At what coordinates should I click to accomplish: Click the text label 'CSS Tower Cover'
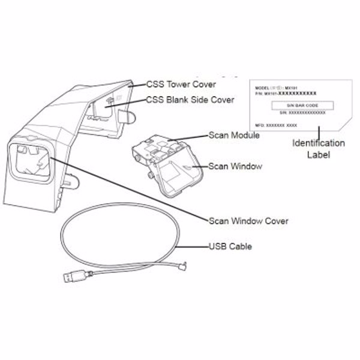[x=182, y=84]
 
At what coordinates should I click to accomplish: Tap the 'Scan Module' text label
[x=234, y=136]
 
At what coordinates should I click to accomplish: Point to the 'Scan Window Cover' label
[x=248, y=221]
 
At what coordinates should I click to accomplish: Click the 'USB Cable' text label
[x=230, y=246]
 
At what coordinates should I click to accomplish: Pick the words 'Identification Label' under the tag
[x=318, y=149]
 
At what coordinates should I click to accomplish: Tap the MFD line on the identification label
[x=274, y=124]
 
